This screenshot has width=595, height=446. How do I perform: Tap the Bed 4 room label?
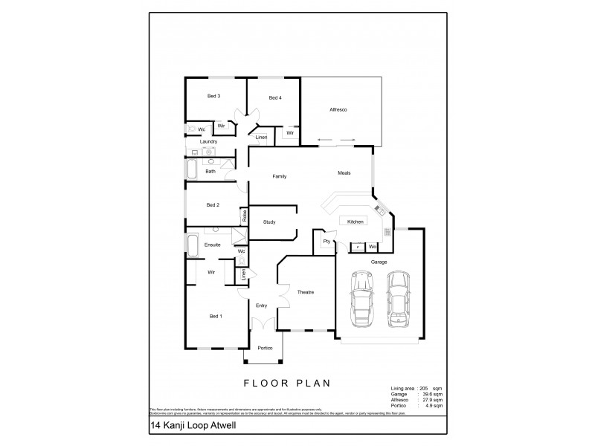click(274, 98)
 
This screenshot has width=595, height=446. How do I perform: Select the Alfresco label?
click(338, 110)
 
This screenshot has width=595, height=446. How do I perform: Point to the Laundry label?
click(208, 141)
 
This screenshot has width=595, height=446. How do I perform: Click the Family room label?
click(280, 176)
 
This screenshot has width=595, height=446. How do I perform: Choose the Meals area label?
click(343, 172)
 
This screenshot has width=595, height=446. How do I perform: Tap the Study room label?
click(270, 222)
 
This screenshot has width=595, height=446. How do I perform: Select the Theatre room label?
click(305, 292)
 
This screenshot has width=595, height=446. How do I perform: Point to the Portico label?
click(265, 348)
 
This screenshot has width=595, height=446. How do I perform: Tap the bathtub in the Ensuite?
click(191, 246)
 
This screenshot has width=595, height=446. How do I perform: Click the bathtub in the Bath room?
click(191, 172)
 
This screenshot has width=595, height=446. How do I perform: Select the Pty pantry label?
click(326, 242)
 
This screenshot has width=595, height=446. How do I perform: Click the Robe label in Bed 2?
click(244, 216)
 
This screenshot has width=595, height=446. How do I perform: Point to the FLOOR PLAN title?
click(286, 384)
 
